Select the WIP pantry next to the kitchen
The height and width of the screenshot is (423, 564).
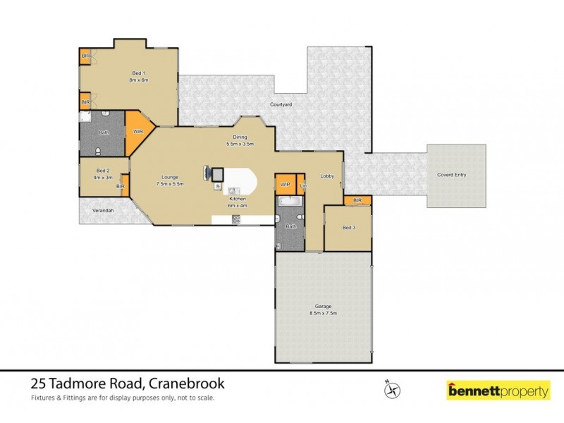[285, 185]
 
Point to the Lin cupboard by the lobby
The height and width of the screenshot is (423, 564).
[303, 185]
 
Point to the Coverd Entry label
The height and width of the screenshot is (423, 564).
[451, 175]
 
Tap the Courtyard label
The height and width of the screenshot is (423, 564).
[281, 104]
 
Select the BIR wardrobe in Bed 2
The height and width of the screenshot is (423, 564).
[121, 185]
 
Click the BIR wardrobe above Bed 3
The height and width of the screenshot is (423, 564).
[357, 201]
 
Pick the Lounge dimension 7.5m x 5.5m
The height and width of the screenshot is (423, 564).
[169, 184]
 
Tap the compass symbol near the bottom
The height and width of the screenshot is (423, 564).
[393, 388]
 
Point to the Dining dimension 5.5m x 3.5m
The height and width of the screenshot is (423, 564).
[240, 144]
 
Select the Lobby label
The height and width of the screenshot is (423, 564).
[326, 176]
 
